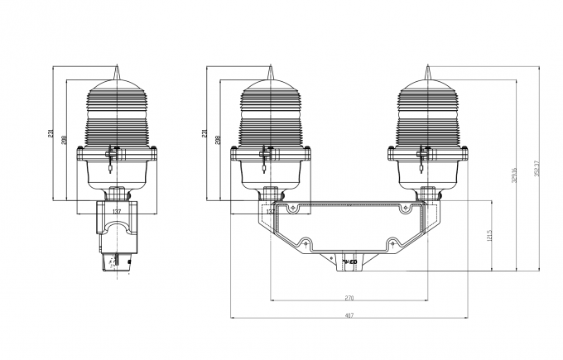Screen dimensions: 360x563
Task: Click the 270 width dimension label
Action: (349, 297)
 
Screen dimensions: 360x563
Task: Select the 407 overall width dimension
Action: (349, 314)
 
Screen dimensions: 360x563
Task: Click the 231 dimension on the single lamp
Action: (51, 134)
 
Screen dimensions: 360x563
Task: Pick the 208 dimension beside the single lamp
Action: (65, 140)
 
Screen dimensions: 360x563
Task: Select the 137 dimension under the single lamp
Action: (116, 212)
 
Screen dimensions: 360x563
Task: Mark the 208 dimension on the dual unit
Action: (219, 140)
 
